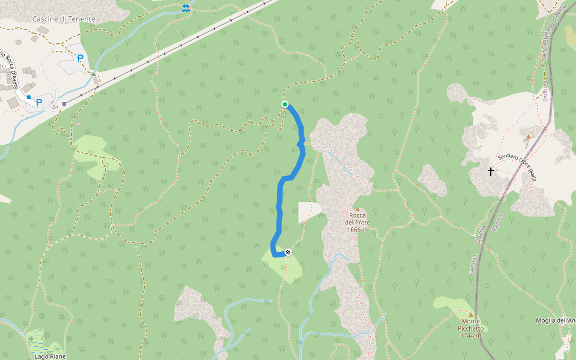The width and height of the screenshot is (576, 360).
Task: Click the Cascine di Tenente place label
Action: point(64,19)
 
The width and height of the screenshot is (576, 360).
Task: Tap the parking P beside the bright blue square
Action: point(39,102)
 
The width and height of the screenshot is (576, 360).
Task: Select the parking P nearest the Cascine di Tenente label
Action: point(80,58)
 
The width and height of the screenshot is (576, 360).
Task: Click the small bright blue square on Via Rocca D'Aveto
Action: point(28,97)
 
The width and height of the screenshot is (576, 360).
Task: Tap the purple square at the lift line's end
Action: point(64,103)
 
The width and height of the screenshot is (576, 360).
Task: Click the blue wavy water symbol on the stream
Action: point(185,8)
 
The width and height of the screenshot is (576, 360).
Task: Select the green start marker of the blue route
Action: point(285,104)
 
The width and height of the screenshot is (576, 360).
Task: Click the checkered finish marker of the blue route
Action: point(288,252)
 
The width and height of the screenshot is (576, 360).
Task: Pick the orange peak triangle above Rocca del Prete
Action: point(358,209)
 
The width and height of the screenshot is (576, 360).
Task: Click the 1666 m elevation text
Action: point(358,230)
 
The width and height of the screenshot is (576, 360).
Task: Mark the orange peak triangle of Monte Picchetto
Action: point(471,314)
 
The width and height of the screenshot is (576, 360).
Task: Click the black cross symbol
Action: point(490,172)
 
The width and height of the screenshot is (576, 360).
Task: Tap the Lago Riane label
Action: point(50,356)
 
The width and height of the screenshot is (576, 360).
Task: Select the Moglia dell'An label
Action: point(556,320)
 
